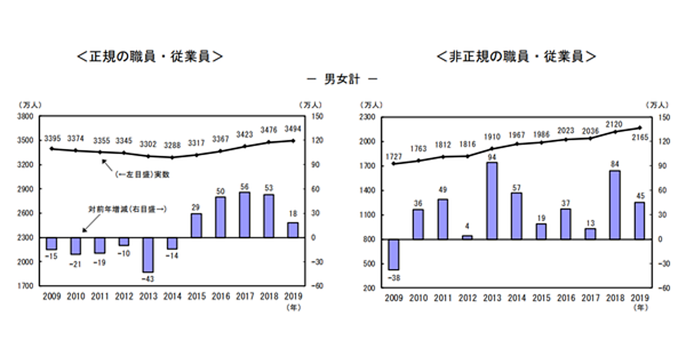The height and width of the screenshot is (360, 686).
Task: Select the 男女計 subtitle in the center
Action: click(x=344, y=79)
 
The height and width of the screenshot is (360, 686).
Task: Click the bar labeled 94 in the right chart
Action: click(x=492, y=201)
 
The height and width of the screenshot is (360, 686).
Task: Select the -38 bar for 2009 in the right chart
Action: click(x=394, y=254)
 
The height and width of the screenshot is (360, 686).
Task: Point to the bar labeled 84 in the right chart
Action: click(x=615, y=205)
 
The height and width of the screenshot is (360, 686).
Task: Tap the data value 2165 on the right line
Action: click(x=639, y=138)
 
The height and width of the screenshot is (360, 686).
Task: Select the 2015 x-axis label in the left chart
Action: click(x=196, y=297)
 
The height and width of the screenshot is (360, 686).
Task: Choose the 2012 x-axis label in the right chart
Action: click(x=467, y=298)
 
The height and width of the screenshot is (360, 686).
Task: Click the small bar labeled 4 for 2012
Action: click(x=467, y=237)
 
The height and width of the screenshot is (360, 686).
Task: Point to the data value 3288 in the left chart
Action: click(x=171, y=138)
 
